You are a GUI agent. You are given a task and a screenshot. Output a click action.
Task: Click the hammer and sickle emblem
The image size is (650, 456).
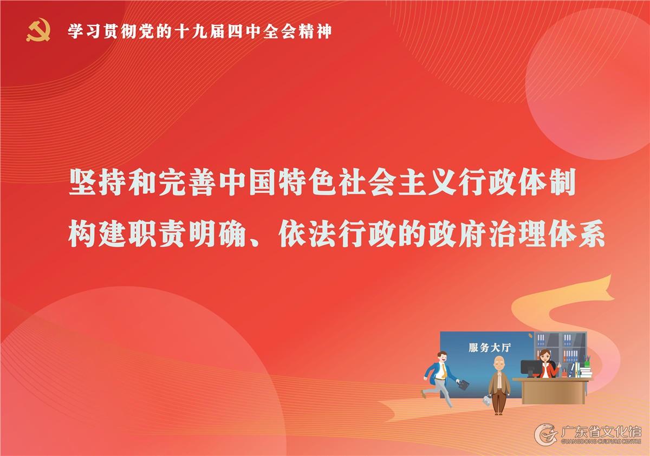(38, 30)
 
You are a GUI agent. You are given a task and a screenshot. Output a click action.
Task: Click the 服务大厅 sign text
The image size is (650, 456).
(490, 348)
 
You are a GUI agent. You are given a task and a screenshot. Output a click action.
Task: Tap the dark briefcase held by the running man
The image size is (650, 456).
(463, 385)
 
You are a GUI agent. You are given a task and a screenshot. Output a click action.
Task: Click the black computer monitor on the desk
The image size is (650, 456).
(531, 368)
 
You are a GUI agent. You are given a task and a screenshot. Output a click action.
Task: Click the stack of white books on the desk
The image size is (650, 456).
(586, 373)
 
